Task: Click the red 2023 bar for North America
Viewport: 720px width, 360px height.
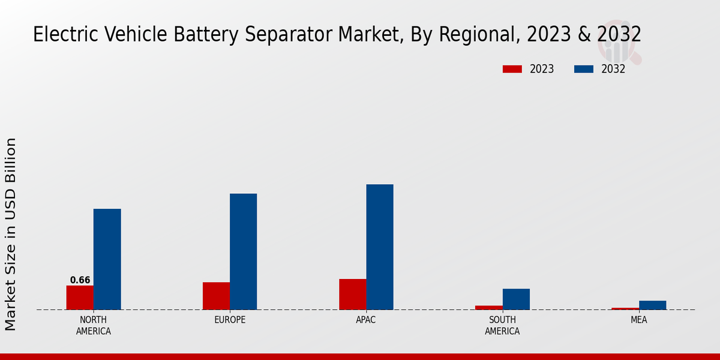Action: (x=80, y=298)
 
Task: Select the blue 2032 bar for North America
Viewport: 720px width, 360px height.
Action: (x=107, y=259)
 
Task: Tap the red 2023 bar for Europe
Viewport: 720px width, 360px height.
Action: (x=216, y=296)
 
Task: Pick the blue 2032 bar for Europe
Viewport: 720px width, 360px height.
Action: (x=243, y=251)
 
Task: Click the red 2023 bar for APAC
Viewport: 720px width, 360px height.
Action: (x=352, y=294)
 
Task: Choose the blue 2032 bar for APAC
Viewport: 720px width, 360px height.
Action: (x=380, y=247)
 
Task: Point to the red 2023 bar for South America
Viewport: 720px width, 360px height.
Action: (x=489, y=308)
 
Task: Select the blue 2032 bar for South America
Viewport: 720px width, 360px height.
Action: (x=516, y=299)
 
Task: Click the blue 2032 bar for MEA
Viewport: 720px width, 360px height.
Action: (x=652, y=305)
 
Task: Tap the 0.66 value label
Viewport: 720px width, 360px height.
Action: (x=80, y=280)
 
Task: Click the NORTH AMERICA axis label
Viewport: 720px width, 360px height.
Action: (x=94, y=325)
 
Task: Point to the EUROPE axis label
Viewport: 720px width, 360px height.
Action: (x=230, y=320)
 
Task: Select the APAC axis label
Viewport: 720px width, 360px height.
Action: (x=366, y=320)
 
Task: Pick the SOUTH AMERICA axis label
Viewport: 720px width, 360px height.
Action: (x=502, y=325)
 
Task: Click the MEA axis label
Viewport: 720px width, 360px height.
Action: (x=638, y=320)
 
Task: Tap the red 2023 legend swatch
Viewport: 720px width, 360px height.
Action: (x=512, y=69)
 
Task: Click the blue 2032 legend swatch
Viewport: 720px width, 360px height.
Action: (x=583, y=69)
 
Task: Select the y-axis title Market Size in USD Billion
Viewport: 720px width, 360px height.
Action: (x=11, y=234)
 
